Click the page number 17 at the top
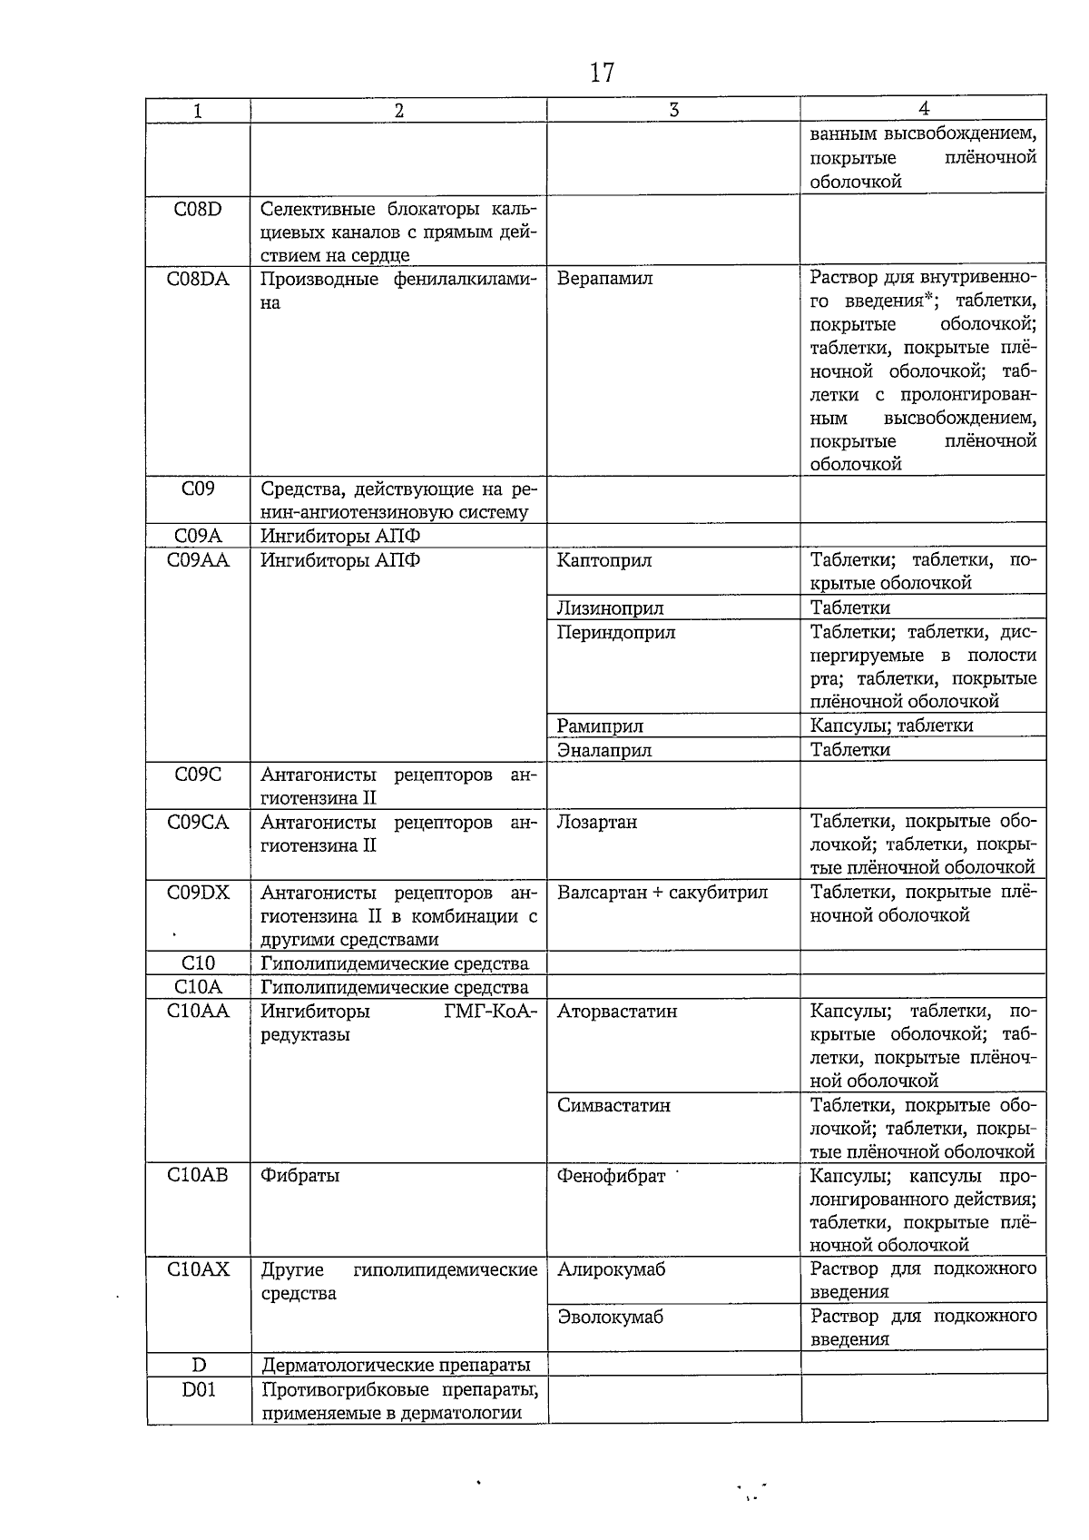pyautogui.click(x=602, y=73)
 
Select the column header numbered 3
pyautogui.click(x=673, y=110)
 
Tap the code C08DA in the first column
pyautogui.click(x=198, y=279)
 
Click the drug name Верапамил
pyautogui.click(x=604, y=279)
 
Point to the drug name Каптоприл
pyautogui.click(x=604, y=560)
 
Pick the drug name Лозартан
pyautogui.click(x=597, y=822)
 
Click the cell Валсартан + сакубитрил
pyautogui.click(x=662, y=893)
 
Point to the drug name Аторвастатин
pyautogui.click(x=617, y=1012)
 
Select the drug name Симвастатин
pyautogui.click(x=614, y=1106)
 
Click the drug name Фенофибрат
pyautogui.click(x=612, y=1177)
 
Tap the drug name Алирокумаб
pyautogui.click(x=611, y=1269)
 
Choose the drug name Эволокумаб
pyautogui.click(x=610, y=1317)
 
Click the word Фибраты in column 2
pyautogui.click(x=300, y=1176)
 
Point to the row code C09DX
pyautogui.click(x=198, y=893)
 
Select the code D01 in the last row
pyautogui.click(x=199, y=1389)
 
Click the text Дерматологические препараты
pyautogui.click(x=396, y=1365)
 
